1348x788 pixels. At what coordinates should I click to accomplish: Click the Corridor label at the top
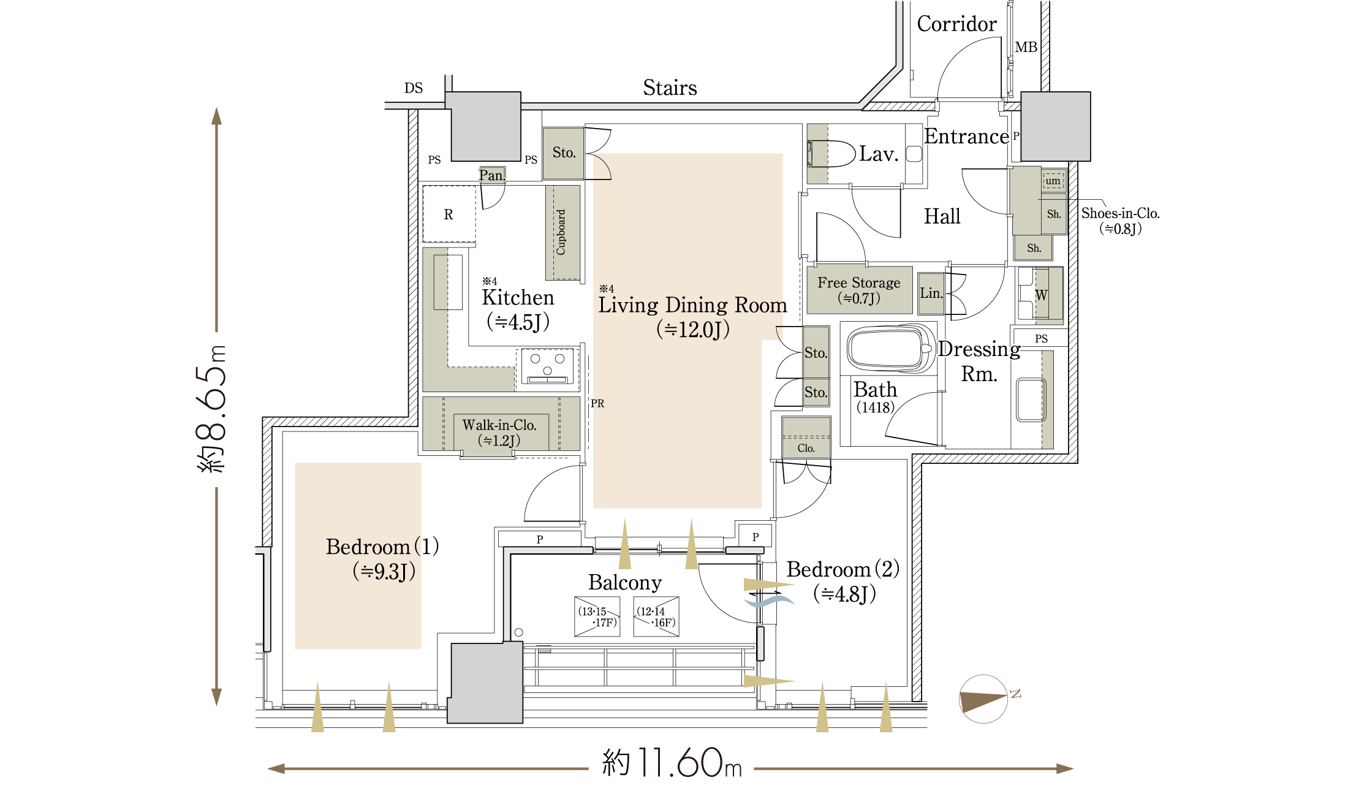(956, 24)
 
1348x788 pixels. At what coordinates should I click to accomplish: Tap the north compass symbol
(984, 699)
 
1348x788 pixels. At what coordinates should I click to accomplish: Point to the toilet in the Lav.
(831, 154)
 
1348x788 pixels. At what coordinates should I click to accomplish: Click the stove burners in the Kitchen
(547, 366)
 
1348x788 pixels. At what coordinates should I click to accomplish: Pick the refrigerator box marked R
(449, 214)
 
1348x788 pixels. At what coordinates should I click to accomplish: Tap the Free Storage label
(859, 282)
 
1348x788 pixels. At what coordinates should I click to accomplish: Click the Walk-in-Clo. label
(499, 425)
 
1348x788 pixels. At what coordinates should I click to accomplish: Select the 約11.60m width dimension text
(672, 763)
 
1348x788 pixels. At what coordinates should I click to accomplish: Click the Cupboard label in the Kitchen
(561, 232)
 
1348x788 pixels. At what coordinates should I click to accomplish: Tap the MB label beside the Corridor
(1026, 47)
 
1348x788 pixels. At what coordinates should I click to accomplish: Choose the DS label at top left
(414, 88)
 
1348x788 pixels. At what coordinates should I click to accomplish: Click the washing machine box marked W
(1040, 295)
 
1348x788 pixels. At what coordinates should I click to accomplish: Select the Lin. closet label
(931, 293)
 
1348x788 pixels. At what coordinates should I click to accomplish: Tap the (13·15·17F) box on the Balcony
(597, 616)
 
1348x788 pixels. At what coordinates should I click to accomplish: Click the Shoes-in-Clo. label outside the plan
(1120, 213)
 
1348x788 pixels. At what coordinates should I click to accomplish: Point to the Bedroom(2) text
(843, 569)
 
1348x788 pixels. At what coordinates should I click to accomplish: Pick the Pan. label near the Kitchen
(492, 175)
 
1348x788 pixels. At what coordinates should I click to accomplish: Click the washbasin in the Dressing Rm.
(1031, 400)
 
